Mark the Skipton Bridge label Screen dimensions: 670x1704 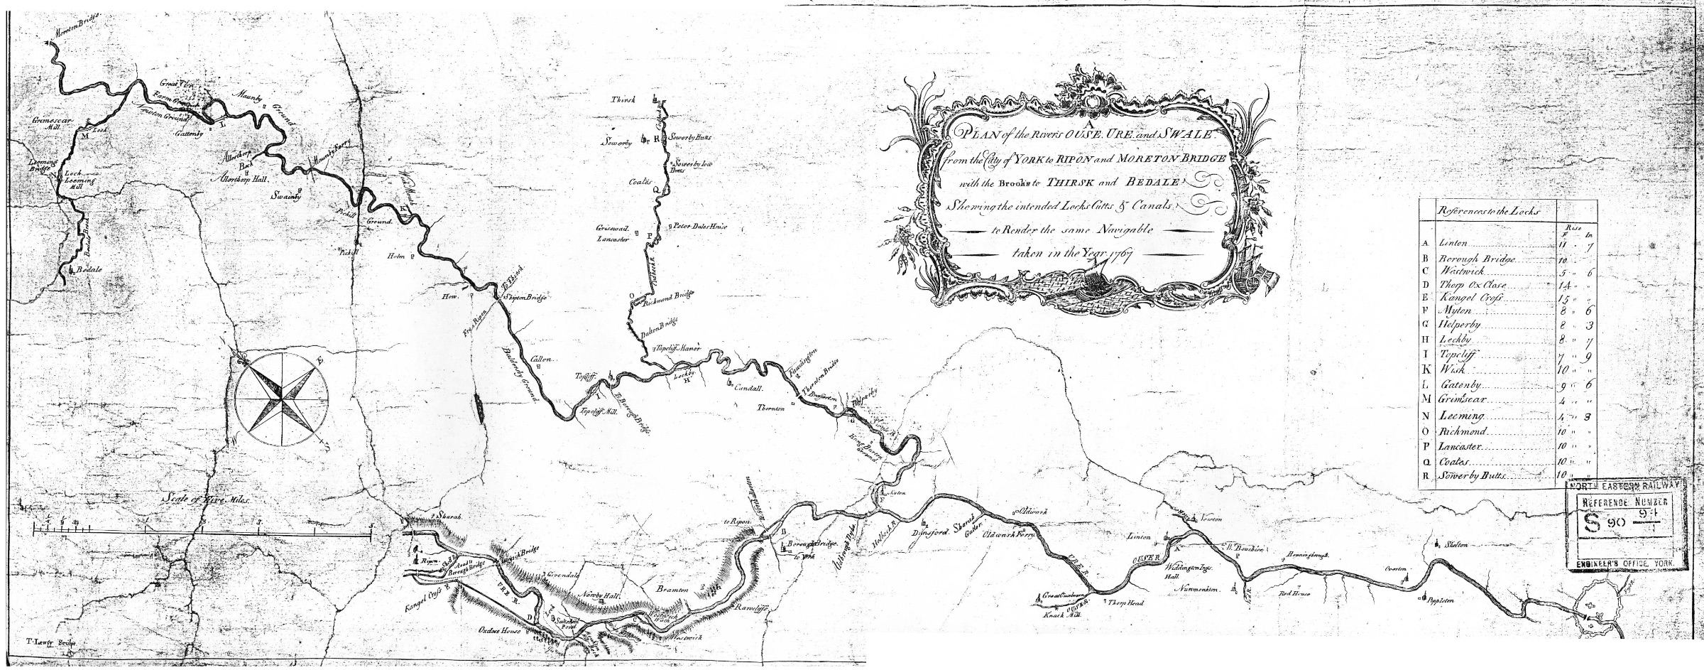524,298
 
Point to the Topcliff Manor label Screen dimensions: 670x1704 677,350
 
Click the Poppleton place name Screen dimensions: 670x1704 1436,600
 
